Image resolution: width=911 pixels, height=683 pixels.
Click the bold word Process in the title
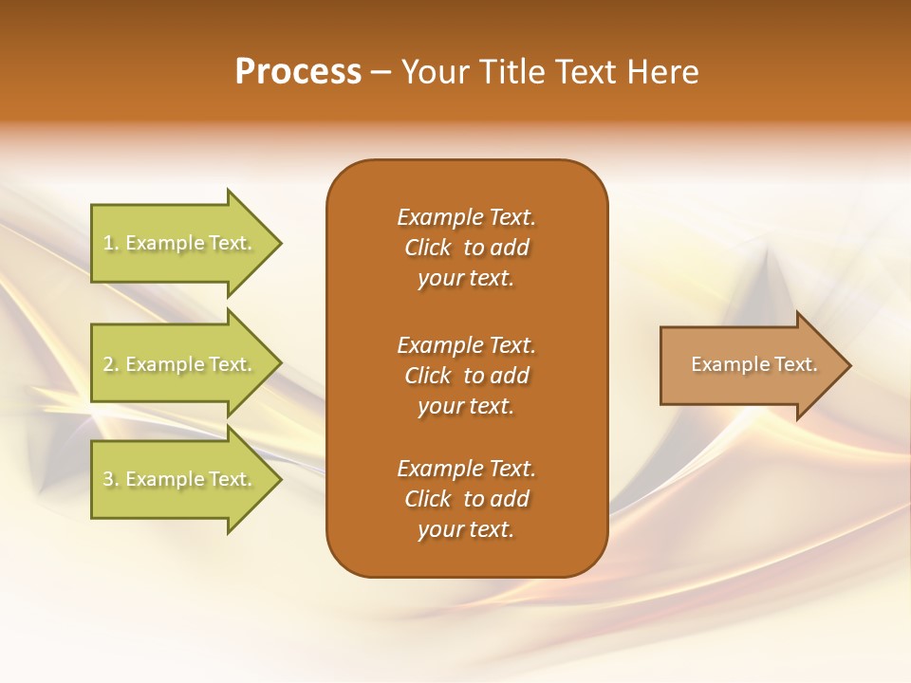coord(298,72)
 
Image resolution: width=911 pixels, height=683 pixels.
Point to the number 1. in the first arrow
coord(111,244)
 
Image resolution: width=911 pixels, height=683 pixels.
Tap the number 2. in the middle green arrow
coord(111,364)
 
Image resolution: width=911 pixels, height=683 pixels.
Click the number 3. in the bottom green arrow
coord(111,479)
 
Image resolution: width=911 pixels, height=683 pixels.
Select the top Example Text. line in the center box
coord(466,217)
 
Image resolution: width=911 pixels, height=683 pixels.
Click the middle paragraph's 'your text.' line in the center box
coord(466,406)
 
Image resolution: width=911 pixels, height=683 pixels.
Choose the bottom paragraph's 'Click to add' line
coord(466,499)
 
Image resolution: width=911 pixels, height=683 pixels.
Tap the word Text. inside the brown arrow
coord(796,364)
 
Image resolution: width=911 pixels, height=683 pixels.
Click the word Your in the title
coord(433,72)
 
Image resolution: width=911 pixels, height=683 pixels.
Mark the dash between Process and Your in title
coord(381,72)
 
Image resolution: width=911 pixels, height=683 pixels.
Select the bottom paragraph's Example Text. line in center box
coord(466,469)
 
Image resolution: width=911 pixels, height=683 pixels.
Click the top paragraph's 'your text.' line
coord(466,279)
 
